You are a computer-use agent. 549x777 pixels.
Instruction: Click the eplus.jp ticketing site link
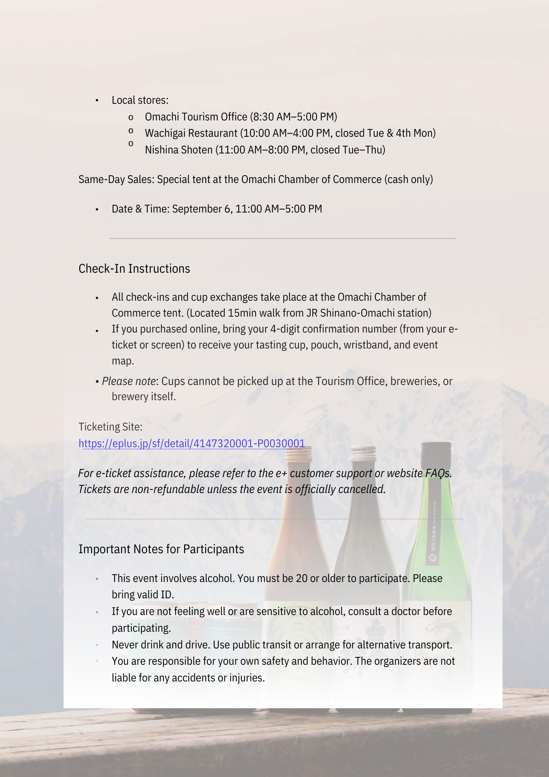pyautogui.click(x=192, y=443)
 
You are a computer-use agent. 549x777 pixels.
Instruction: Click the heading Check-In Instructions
pyautogui.click(x=134, y=269)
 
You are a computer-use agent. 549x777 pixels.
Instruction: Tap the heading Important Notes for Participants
pyautogui.click(x=161, y=549)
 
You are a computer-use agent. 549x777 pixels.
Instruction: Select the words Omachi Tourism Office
pyautogui.click(x=196, y=117)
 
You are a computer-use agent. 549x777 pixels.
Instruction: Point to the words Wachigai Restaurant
pyautogui.click(x=191, y=133)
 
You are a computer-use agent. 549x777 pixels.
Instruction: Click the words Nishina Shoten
pyautogui.click(x=179, y=150)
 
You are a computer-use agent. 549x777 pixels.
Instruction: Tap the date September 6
pyautogui.click(x=202, y=209)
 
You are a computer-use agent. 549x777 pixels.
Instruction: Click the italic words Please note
pyautogui.click(x=129, y=381)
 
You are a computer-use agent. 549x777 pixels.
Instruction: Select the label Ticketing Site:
pyautogui.click(x=111, y=427)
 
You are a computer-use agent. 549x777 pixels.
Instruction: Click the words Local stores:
pyautogui.click(x=140, y=100)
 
